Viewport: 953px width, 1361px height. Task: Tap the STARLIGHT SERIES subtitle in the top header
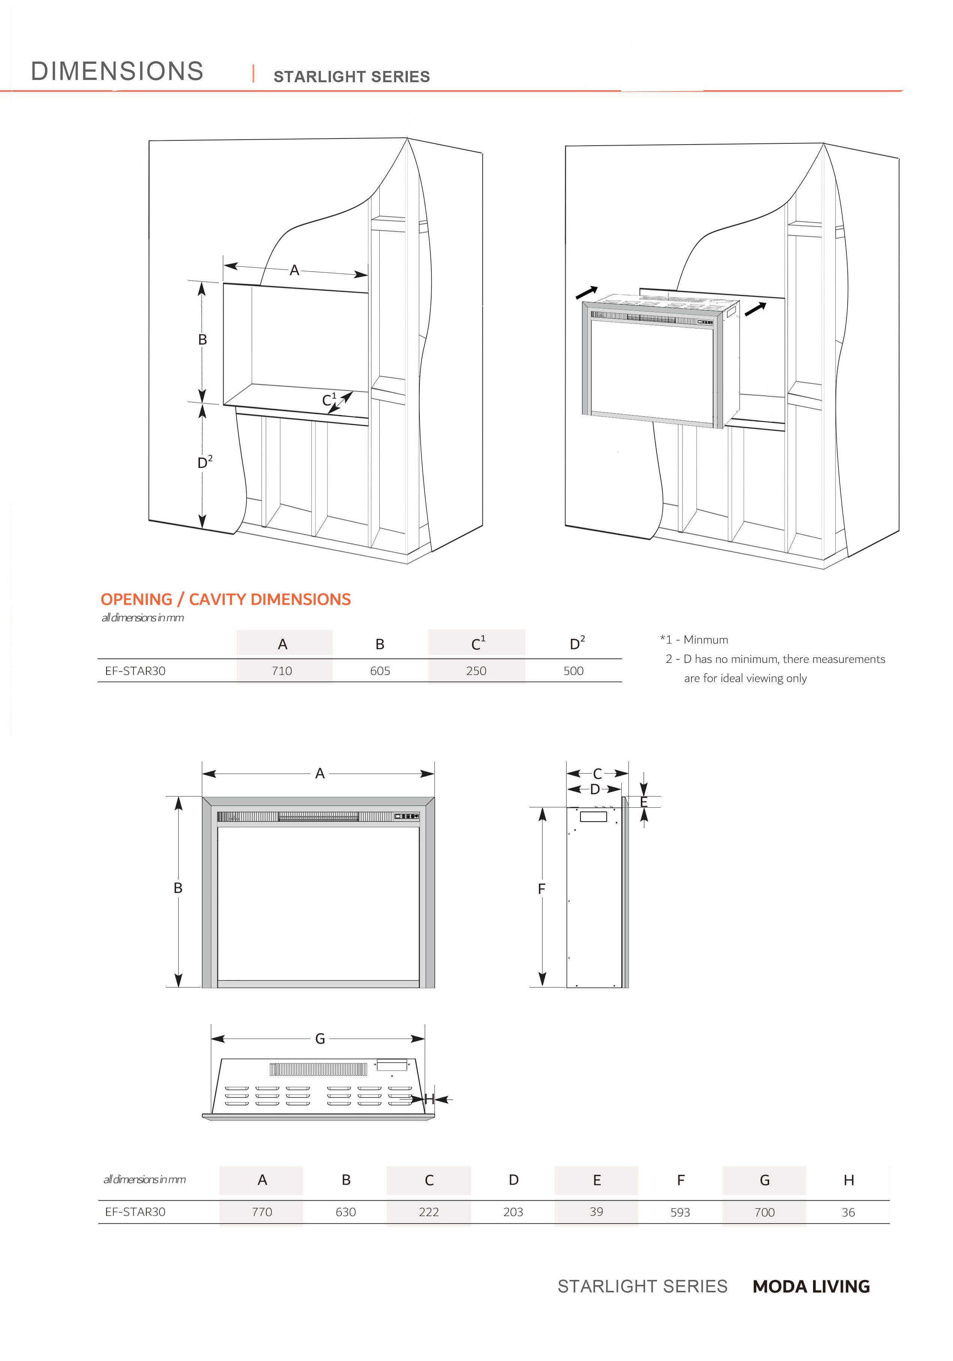click(352, 77)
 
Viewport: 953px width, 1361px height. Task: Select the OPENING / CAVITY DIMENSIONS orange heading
click(225, 599)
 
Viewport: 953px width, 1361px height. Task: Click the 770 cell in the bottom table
click(262, 1212)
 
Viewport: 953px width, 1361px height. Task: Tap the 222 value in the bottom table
click(428, 1212)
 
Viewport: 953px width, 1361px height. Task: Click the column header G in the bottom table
click(765, 1180)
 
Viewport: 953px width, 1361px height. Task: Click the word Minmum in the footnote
click(705, 640)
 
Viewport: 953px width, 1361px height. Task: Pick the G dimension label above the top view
click(320, 1039)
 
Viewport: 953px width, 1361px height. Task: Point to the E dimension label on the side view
click(643, 802)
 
